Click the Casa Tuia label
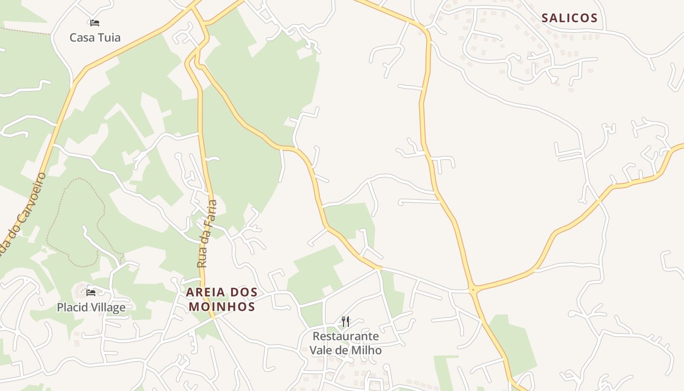point(95,38)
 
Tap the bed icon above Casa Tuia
point(95,22)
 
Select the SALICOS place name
point(570,18)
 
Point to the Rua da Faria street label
point(207,234)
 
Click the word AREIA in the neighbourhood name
point(206,292)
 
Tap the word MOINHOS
point(222,307)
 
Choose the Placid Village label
point(91,307)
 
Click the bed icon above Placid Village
point(91,293)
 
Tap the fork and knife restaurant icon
point(345,321)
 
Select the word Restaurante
point(345,336)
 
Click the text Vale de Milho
point(345,350)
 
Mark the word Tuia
point(109,38)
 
